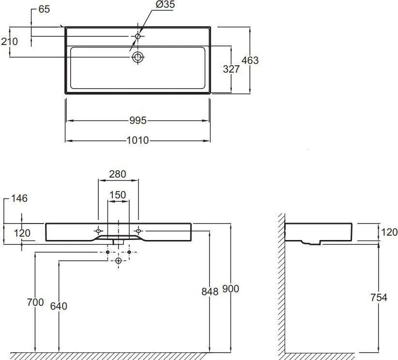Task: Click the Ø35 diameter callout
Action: click(x=165, y=4)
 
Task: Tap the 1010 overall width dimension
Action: click(x=138, y=140)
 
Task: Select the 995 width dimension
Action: click(x=138, y=120)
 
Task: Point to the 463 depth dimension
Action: click(x=250, y=60)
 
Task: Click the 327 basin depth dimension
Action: click(x=231, y=69)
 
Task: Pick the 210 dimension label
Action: click(x=9, y=42)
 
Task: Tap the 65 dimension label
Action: click(x=44, y=9)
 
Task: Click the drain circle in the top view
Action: click(x=138, y=57)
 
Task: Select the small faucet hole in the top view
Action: click(x=138, y=36)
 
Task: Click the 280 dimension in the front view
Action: click(x=118, y=174)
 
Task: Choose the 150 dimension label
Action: click(x=118, y=195)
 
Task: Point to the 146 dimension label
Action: click(x=19, y=198)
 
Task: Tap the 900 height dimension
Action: click(x=230, y=289)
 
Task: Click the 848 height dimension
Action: click(x=210, y=292)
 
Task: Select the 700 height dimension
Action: click(x=35, y=302)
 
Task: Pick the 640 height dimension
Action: click(x=59, y=306)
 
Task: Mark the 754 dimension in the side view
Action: click(x=379, y=297)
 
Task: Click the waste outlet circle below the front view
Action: click(x=119, y=260)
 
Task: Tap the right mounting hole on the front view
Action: click(x=138, y=231)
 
